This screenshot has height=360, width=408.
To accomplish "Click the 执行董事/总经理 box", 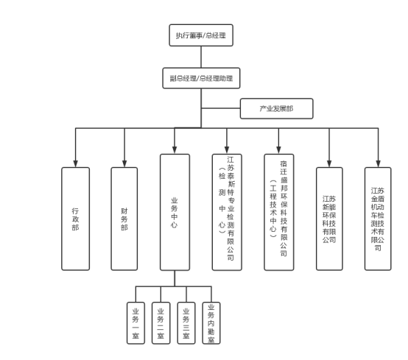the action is [x=201, y=35].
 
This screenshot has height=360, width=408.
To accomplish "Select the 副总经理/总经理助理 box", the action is [x=201, y=78].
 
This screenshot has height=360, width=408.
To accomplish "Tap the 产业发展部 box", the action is [x=276, y=108].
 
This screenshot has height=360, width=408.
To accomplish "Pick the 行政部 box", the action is [x=75, y=219].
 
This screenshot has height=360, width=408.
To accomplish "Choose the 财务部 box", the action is [x=124, y=219].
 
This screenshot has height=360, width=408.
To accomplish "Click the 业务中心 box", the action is [x=175, y=212].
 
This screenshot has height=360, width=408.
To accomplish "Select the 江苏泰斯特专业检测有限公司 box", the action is [x=227, y=212].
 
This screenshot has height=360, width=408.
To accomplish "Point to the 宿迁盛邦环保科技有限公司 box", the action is [x=279, y=212].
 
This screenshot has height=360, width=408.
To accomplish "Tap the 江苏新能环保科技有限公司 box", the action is [x=329, y=219].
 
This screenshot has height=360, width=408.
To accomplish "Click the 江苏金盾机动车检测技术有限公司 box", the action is [x=378, y=219].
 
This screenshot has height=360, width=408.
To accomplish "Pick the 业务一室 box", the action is [x=136, y=323].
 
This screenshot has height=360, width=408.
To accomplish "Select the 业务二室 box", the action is [x=161, y=323].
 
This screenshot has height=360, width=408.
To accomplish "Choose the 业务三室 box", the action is [x=186, y=323].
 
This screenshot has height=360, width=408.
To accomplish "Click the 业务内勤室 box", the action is [x=211, y=323].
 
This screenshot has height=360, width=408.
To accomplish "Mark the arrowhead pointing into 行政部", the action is [x=75, y=163].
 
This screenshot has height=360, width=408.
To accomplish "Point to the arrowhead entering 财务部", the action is [x=124, y=163].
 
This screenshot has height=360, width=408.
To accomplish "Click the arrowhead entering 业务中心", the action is [x=175, y=150].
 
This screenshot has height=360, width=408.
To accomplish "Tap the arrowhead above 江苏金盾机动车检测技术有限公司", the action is [x=378, y=163].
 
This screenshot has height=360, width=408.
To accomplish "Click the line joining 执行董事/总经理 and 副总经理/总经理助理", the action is [x=201, y=57].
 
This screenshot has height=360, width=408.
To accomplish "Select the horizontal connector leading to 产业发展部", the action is [x=221, y=108].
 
